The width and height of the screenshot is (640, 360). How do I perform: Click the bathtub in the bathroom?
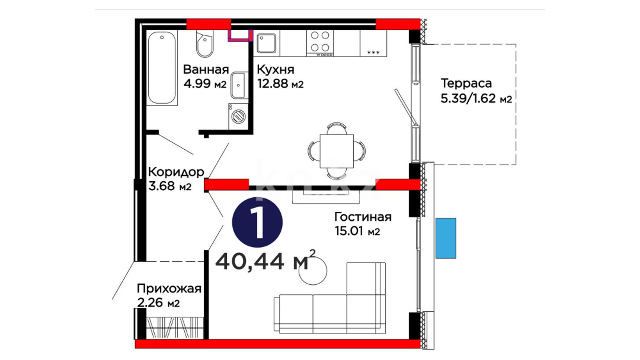162,68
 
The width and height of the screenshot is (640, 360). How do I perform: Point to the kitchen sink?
266,43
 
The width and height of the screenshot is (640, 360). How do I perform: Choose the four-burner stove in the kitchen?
320,43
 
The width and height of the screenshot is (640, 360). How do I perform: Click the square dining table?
337,151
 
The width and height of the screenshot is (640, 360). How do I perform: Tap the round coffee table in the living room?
313,271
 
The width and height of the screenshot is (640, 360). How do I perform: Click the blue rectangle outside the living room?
446,238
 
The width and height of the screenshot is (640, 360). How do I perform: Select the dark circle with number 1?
257,222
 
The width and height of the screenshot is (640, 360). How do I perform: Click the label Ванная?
206,70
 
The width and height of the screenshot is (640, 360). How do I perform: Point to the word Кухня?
276,70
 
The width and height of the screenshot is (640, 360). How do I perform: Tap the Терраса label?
466,83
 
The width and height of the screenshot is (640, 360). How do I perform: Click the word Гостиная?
363,217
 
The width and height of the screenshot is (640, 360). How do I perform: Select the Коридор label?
176,172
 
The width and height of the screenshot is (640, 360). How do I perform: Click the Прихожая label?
169,288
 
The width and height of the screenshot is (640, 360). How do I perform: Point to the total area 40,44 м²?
265,260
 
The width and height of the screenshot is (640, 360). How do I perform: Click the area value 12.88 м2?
280,84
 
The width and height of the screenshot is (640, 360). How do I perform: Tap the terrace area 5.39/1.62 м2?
476,99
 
